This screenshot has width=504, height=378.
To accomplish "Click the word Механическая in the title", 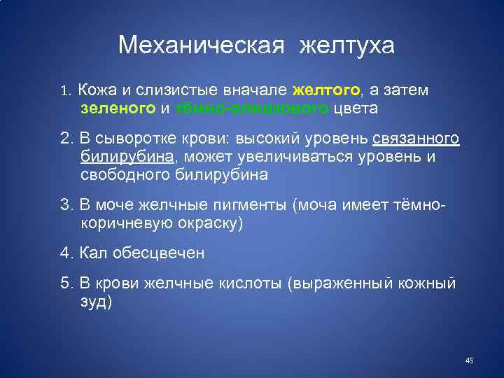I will (x=202, y=45).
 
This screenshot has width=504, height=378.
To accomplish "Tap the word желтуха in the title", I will (x=347, y=45).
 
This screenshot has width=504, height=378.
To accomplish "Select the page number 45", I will (x=469, y=360).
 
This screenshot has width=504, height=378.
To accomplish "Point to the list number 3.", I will (x=64, y=205).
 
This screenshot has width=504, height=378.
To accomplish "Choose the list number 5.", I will (x=64, y=283).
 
